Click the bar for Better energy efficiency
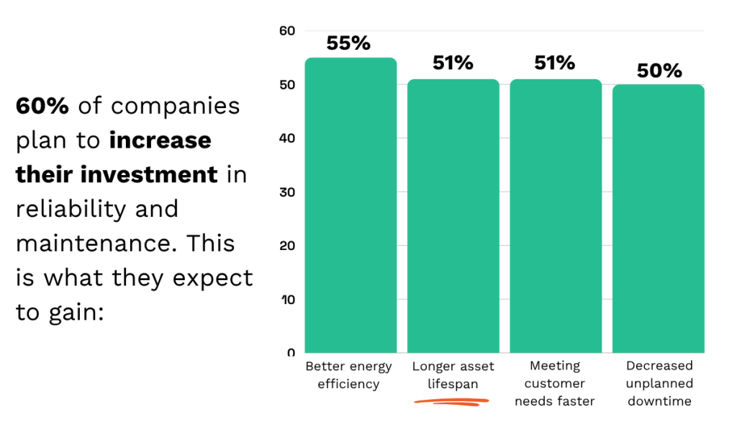point(351,205)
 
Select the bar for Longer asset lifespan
point(453,216)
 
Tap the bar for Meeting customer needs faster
point(555,216)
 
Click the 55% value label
point(348,43)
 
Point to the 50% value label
point(659,71)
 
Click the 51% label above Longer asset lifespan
point(453,63)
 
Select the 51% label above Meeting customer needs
point(554,63)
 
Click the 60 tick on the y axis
point(287,31)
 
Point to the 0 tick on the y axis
point(291,353)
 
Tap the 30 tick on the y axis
point(287,192)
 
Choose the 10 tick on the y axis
point(287,300)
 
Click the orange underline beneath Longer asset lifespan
point(452,402)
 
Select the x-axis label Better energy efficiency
point(348,375)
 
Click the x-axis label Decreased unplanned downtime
point(659,383)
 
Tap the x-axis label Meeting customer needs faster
point(554,383)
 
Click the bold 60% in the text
point(42,106)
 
